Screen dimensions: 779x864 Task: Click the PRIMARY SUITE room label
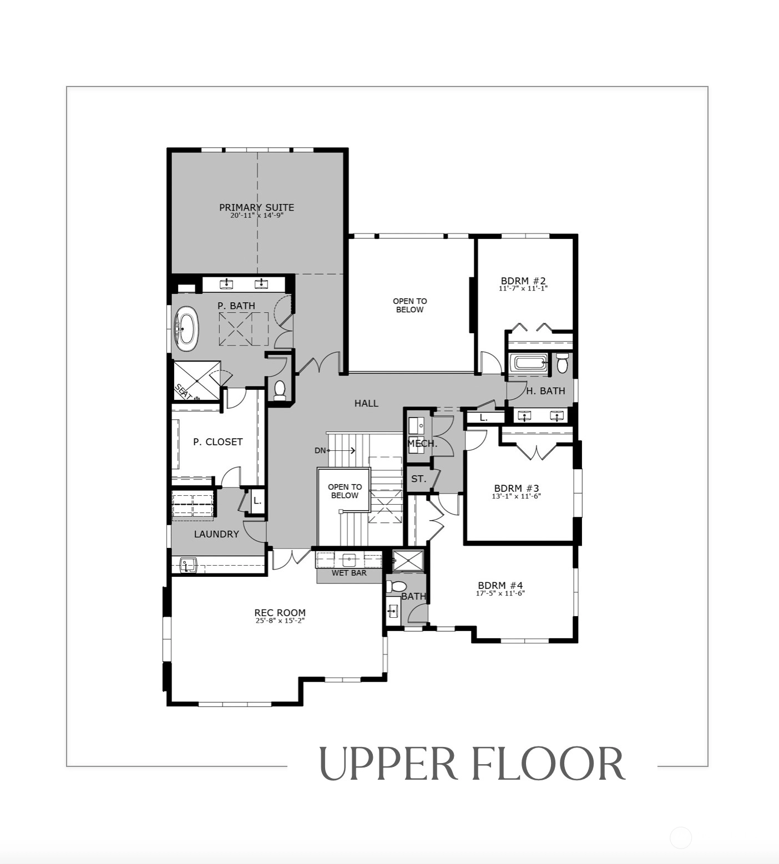point(256,207)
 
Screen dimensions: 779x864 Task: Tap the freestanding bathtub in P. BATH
point(186,328)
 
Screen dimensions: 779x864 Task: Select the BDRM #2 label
point(523,281)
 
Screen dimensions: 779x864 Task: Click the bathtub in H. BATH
point(530,363)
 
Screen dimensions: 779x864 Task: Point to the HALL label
point(366,403)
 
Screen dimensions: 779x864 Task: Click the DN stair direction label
point(320,450)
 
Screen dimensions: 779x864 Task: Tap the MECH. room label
point(423,444)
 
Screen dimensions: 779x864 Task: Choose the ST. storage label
point(419,479)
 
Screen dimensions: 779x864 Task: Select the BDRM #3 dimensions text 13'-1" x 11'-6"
point(516,496)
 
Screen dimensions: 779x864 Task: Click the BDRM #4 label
point(500,585)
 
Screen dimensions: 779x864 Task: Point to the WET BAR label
point(349,573)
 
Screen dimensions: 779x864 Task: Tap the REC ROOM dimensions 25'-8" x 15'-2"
point(280,621)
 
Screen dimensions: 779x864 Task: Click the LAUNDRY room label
point(216,534)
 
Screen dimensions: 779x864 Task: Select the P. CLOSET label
point(217,442)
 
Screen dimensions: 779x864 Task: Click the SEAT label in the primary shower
point(184,392)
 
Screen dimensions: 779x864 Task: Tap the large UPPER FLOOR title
point(472,764)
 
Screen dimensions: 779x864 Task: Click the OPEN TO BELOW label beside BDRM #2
point(410,306)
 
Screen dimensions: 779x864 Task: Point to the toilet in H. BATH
point(562,363)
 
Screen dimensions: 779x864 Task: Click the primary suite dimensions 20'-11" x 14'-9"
point(257,215)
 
